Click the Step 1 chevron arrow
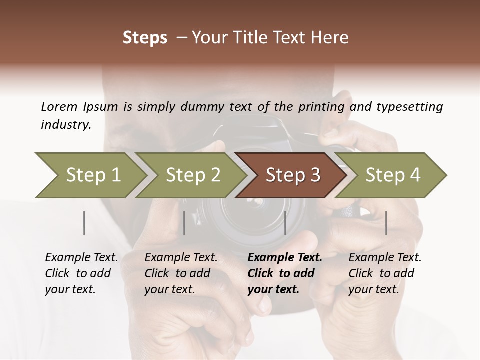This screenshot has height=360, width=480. pyautogui.click(x=93, y=175)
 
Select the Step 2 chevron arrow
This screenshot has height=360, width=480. pyautogui.click(x=193, y=175)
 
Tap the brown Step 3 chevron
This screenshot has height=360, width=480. pyautogui.click(x=292, y=175)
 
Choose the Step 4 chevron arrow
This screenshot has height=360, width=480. pyautogui.click(x=392, y=175)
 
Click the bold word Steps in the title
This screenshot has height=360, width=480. pyautogui.click(x=145, y=38)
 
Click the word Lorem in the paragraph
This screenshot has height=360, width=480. pyautogui.click(x=59, y=106)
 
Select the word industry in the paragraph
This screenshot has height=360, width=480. pyautogui.click(x=65, y=125)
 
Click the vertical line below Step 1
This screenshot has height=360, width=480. pyautogui.click(x=84, y=223)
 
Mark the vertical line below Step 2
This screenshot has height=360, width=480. pyautogui.click(x=184, y=223)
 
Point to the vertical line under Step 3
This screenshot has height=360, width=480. pyautogui.click(x=285, y=223)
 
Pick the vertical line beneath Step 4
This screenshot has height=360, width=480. pyautogui.click(x=386, y=223)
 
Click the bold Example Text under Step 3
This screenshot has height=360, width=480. pyautogui.click(x=285, y=258)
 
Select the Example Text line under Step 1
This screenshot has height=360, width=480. pyautogui.click(x=81, y=258)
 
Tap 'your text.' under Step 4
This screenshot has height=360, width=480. pyautogui.click(x=373, y=289)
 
